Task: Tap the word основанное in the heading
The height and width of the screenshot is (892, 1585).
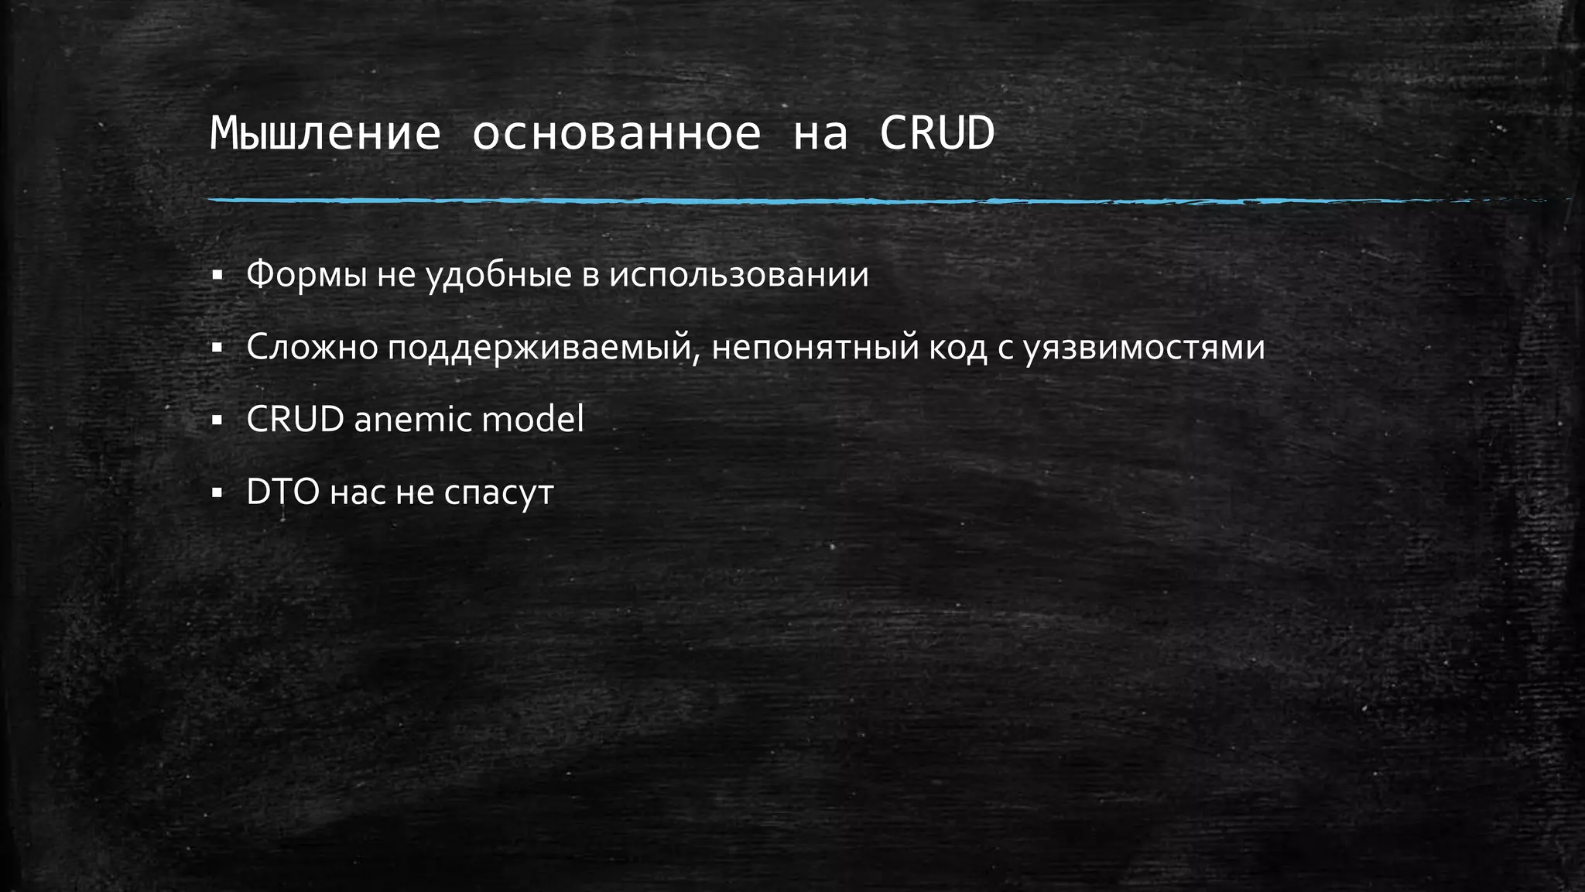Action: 617,134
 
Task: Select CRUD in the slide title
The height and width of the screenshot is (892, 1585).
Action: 936,134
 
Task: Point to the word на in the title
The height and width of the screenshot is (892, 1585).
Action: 820,134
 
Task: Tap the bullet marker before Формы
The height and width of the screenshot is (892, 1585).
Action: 217,275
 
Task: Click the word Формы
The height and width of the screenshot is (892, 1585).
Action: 306,275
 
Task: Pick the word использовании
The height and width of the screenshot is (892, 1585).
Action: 739,275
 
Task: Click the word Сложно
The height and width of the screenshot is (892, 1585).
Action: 312,348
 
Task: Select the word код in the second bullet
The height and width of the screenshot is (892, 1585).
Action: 957,348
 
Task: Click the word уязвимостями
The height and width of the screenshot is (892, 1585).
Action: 1145,348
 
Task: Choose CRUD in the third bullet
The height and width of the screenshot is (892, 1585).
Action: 295,420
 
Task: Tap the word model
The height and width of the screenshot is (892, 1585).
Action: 533,420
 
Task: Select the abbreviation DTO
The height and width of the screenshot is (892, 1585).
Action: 283,492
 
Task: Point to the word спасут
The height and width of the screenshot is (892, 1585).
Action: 499,492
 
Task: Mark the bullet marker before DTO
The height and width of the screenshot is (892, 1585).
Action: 217,492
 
